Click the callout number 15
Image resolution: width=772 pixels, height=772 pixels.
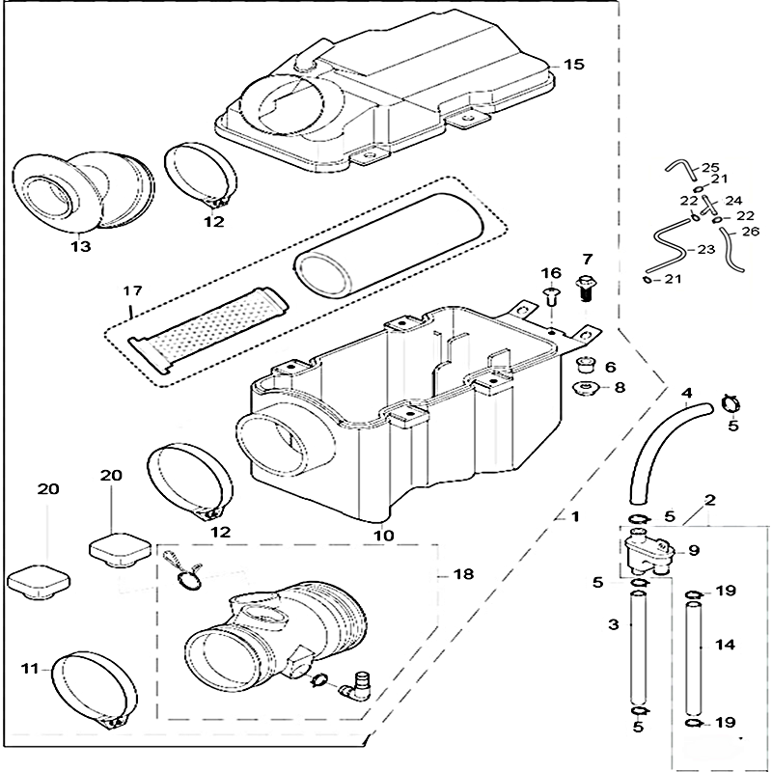574,65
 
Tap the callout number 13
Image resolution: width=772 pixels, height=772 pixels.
80,247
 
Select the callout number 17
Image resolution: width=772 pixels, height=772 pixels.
132,290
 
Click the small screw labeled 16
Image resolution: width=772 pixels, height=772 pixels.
552,296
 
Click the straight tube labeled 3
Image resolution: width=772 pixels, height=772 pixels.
637,651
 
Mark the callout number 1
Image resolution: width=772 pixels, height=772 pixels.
574,517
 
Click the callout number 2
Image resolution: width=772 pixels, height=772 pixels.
710,501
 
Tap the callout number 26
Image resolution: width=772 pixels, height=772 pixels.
752,232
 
